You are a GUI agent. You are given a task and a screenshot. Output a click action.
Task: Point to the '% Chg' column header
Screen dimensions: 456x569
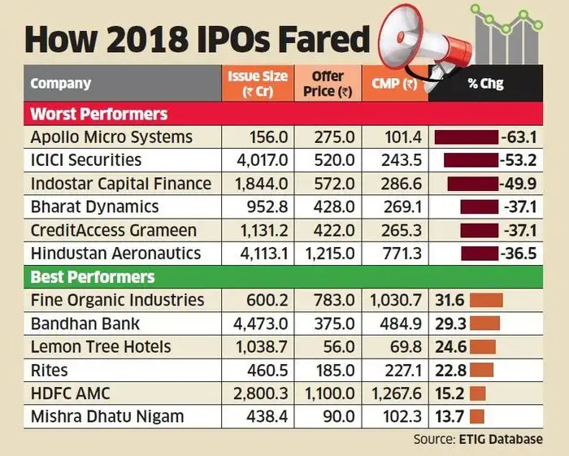pyautogui.click(x=484, y=84)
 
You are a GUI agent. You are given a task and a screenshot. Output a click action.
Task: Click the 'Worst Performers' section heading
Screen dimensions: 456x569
pyautogui.click(x=99, y=113)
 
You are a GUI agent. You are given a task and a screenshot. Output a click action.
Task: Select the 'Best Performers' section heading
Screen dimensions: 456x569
pyautogui.click(x=93, y=277)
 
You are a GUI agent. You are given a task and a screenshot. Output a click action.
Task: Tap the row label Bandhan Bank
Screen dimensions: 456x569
pyautogui.click(x=85, y=324)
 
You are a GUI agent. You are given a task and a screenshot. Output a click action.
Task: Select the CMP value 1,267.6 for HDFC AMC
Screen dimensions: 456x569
pyautogui.click(x=393, y=394)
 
